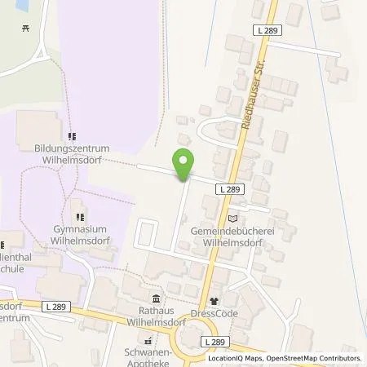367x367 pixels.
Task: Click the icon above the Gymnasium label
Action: tap(80, 217)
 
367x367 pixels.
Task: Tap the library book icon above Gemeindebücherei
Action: tap(234, 218)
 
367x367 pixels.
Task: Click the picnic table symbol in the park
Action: tap(26, 29)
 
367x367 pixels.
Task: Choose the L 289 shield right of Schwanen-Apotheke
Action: tap(213, 342)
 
